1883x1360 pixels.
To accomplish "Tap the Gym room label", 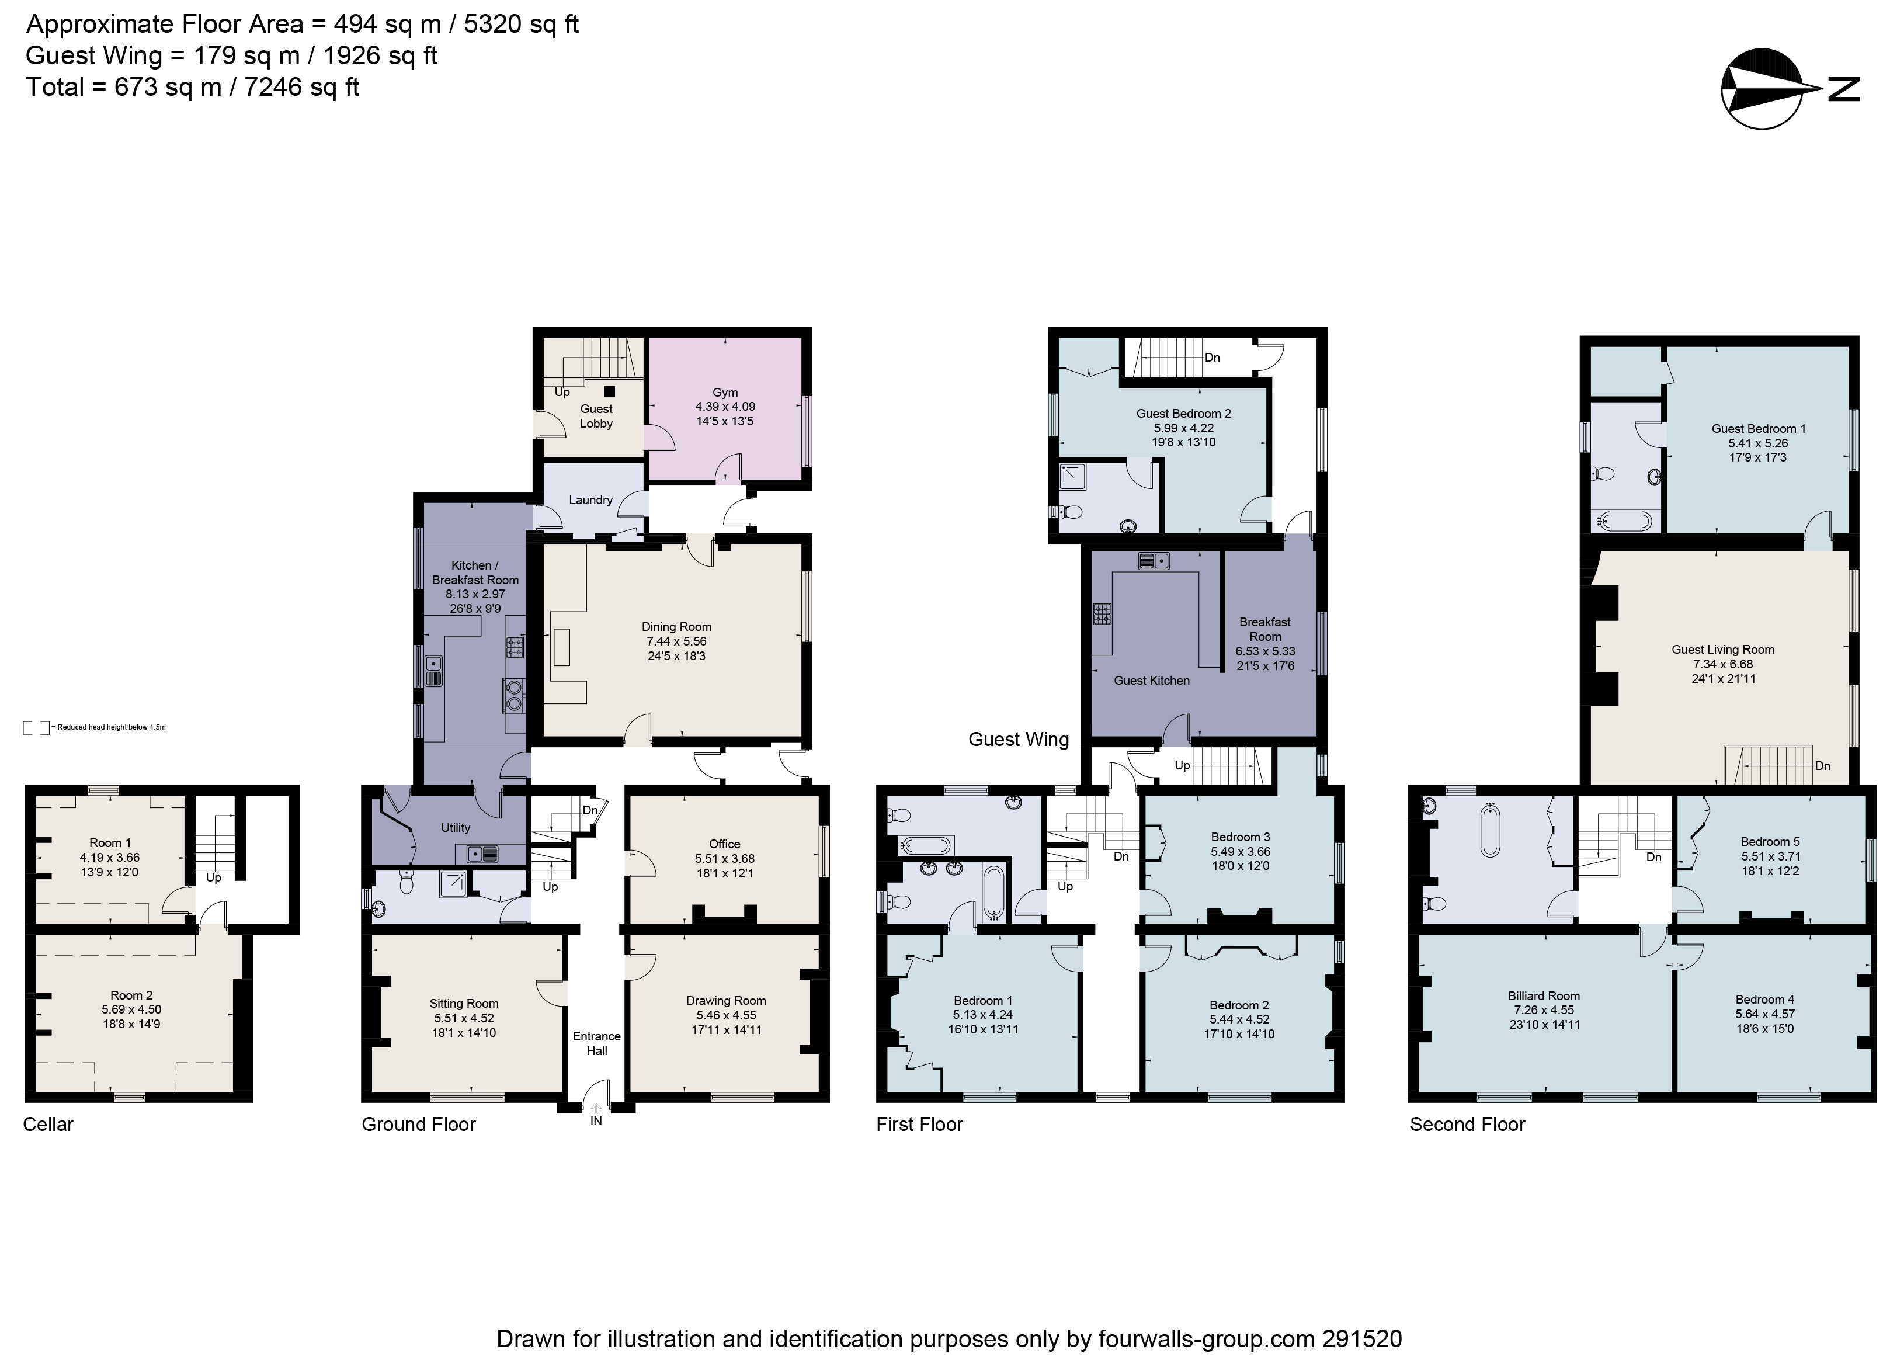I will point(724,393).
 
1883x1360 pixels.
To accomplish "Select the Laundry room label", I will point(590,500).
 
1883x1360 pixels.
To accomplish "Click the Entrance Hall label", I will point(596,1044).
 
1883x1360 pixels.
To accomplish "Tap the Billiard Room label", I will point(1544,995).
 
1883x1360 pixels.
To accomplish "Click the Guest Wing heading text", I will point(1018,739).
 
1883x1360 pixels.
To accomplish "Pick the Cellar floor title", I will point(48,1124).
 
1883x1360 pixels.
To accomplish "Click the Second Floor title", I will point(1467,1124).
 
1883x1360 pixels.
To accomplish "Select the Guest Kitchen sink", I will point(1154,562).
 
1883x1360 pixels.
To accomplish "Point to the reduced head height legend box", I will point(36,727).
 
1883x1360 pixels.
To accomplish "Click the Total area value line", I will point(193,87).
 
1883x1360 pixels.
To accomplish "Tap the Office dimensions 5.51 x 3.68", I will point(724,859).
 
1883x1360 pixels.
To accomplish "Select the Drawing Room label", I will point(725,1001).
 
